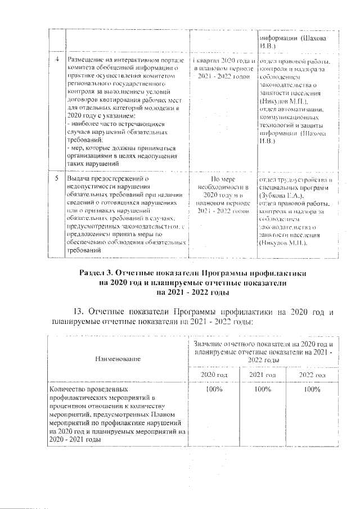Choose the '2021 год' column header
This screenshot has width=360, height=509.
[262, 375]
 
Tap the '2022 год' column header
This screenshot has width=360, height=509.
[312, 375]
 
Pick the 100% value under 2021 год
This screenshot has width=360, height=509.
[262, 389]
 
